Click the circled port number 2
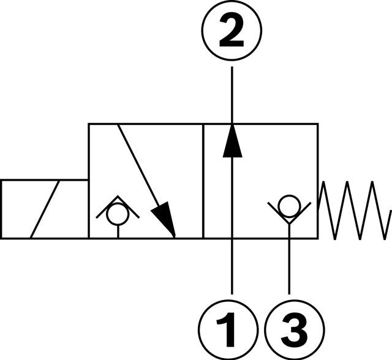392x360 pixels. (232, 32)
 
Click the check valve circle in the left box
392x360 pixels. (118, 215)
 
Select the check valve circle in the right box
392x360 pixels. (288, 203)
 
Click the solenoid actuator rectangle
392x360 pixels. (44, 208)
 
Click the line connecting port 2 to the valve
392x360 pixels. (232, 92)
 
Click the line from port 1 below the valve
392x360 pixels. (232, 269)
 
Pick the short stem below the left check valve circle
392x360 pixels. (118, 231)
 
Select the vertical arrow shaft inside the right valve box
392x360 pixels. (232, 196)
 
